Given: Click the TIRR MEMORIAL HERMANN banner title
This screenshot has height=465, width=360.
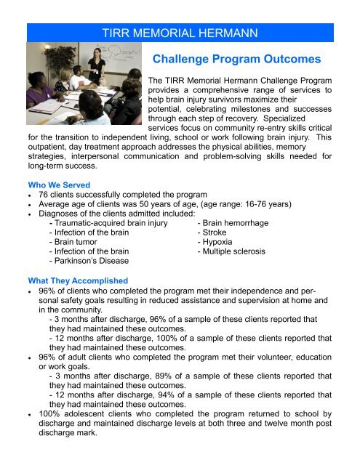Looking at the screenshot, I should pos(180,33).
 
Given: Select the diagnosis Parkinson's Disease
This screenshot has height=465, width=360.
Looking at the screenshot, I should pos(90,261).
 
